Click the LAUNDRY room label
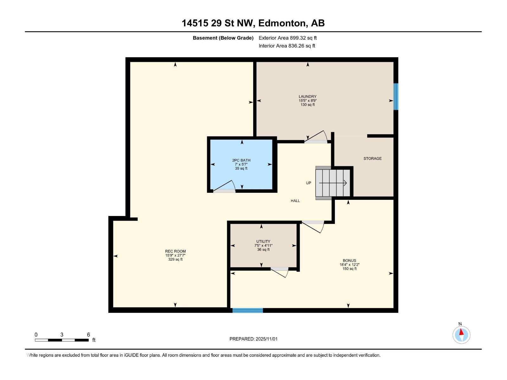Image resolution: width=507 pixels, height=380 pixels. pos(307,97)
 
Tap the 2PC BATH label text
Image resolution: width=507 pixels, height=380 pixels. pos(241,161)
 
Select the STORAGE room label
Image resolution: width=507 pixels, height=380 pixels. pos(372,158)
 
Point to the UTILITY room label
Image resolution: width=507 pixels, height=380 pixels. pos(263,242)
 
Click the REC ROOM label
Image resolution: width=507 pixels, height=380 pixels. pos(175,251)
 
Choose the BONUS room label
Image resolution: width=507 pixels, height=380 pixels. pos(349,261)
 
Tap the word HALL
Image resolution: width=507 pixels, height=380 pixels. pos(295,201)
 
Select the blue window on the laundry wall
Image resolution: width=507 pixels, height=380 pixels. pos(395,97)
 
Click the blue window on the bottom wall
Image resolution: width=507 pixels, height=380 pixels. pos(247,310)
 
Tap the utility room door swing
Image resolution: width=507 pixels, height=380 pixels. pos(280,272)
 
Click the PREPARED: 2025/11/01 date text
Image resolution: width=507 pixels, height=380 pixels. pos(253,339)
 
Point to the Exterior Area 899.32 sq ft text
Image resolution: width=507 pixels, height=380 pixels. pos(287,38)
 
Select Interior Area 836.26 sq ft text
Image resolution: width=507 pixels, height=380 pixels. pos(287,46)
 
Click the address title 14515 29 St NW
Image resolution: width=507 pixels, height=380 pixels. pos(253,23)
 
